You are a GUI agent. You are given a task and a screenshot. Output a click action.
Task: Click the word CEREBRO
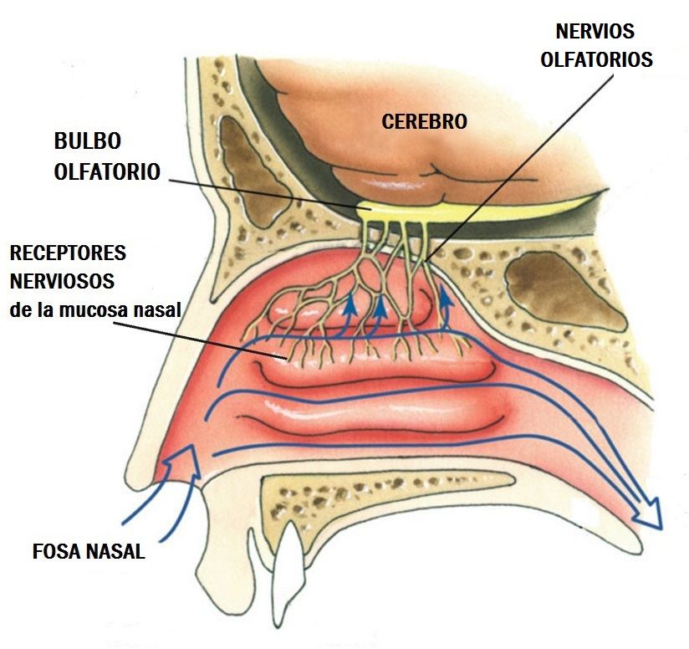tap(424, 121)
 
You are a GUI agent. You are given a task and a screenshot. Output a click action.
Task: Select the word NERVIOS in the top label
tap(595, 32)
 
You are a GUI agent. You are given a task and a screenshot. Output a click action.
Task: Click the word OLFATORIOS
tap(595, 60)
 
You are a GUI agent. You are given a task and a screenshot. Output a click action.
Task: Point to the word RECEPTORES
tap(68, 252)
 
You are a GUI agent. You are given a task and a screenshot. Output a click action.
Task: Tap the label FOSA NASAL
tap(89, 552)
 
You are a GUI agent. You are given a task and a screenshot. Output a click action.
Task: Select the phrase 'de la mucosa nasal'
tap(95, 310)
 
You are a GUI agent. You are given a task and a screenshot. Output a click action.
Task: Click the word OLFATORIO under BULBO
tap(107, 171)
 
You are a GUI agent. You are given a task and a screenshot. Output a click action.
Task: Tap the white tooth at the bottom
tap(288, 569)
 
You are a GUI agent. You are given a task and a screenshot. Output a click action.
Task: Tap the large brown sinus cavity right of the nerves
tap(564, 289)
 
